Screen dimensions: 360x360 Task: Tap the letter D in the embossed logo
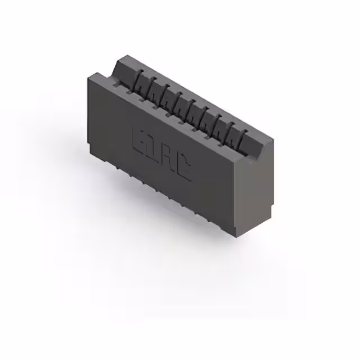152,149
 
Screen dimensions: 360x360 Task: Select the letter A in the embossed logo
168,159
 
